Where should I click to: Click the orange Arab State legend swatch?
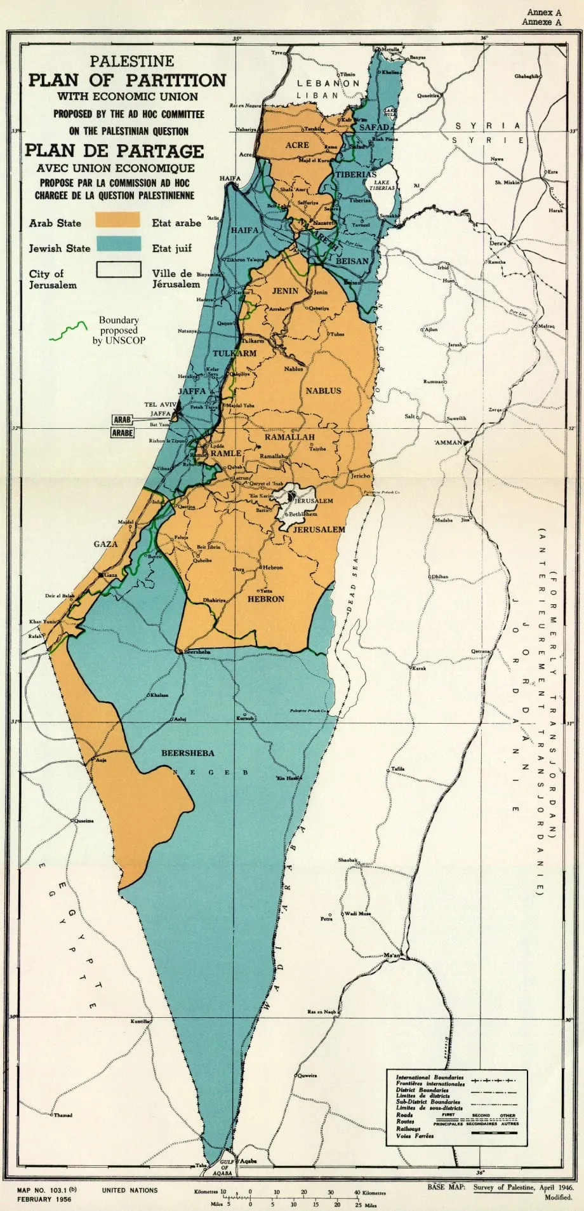[117, 220]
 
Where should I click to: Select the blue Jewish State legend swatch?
[117, 243]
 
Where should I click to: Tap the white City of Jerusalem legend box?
[119, 269]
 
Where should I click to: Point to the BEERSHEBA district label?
[187, 753]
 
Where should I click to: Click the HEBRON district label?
[266, 599]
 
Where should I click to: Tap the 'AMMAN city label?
[448, 442]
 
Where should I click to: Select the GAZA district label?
[105, 544]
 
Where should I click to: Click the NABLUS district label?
[323, 391]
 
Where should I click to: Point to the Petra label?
[326, 919]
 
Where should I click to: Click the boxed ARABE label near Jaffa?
[123, 433]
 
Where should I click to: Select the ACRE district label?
[296, 145]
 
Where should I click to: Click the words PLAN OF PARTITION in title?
[127, 80]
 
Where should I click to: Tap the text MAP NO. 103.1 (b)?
[47, 1190]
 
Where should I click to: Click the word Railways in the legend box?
[409, 1128]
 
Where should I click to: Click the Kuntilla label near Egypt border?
[140, 1021]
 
